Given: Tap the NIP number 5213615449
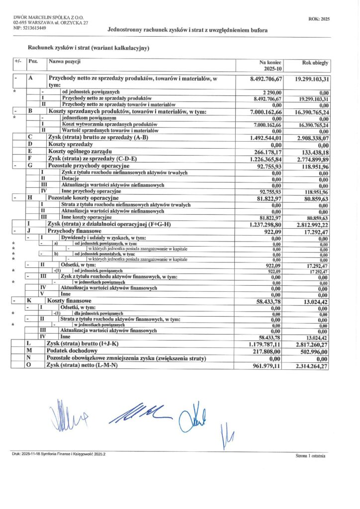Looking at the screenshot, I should click(x=30, y=28).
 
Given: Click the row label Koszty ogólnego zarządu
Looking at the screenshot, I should click(x=80, y=151).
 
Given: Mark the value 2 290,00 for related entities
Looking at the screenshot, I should click(x=271, y=92).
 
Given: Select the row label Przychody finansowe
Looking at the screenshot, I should click(x=74, y=231).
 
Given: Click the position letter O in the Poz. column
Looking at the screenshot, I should click(x=30, y=365).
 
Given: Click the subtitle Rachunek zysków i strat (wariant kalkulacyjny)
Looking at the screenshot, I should click(x=82, y=48).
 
